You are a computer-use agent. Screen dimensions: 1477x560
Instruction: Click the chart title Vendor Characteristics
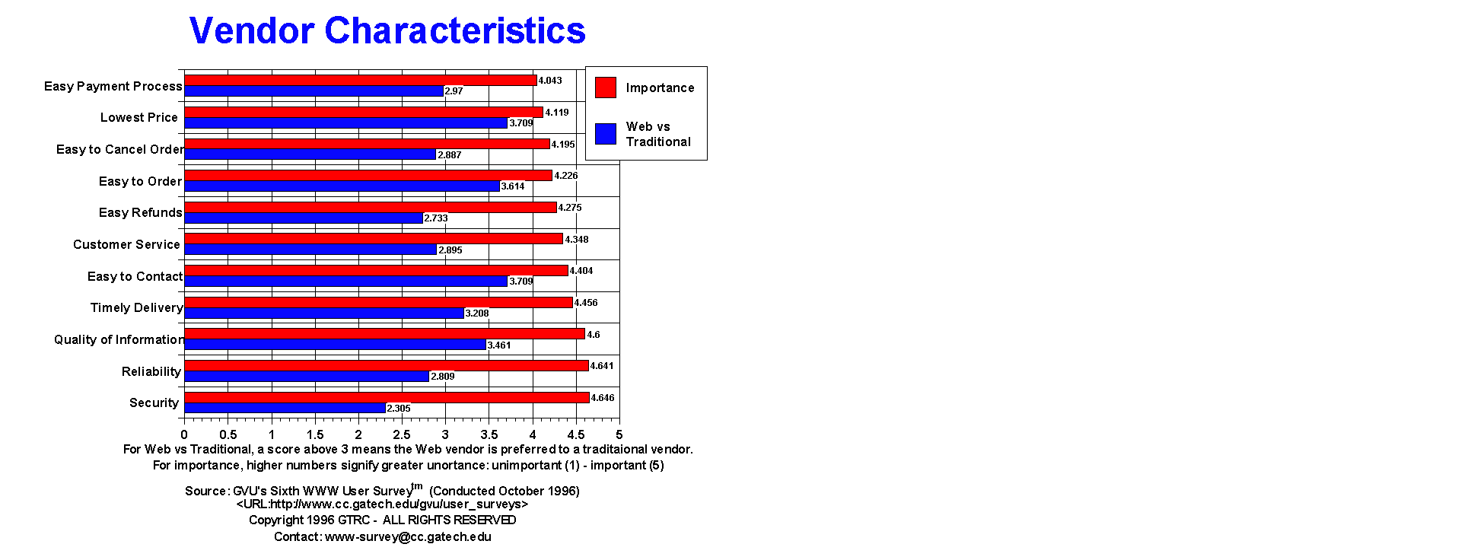pos(387,31)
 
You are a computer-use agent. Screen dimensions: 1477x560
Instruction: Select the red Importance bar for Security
pos(387,397)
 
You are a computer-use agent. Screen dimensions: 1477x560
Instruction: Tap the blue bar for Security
pos(285,408)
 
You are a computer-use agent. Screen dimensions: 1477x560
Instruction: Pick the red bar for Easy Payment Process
pos(361,80)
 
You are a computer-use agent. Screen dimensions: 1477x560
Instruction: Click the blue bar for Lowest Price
pos(346,123)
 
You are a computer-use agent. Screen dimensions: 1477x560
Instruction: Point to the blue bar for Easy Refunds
pos(304,218)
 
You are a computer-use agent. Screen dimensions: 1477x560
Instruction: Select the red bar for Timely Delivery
pos(378,302)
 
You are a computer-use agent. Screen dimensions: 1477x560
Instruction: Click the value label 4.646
pos(603,398)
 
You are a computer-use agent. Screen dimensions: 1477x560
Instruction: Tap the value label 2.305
pos(399,409)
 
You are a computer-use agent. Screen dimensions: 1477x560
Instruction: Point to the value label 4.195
pos(563,145)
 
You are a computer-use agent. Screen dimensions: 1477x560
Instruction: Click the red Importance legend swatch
pos(606,87)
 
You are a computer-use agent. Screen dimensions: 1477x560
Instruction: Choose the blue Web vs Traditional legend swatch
pos(606,134)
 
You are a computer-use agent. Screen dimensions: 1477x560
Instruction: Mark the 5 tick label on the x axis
pos(619,434)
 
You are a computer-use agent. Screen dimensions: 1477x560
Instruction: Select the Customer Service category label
pos(126,244)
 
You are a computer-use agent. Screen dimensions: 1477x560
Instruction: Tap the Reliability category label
pos(151,371)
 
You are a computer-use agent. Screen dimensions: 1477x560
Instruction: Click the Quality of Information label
pos(119,339)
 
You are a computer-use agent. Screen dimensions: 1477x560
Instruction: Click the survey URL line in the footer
pos(382,504)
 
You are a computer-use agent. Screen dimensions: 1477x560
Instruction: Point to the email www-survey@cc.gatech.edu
pos(408,536)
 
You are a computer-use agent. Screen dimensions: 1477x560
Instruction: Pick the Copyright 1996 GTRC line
pos(382,520)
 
